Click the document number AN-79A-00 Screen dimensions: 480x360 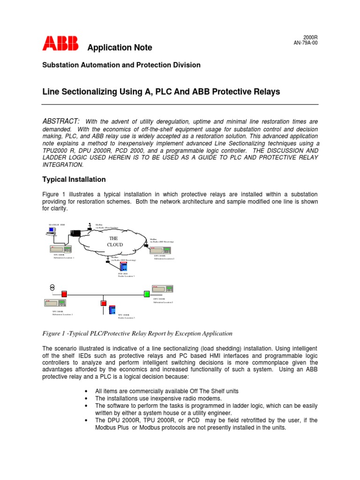(x=305, y=42)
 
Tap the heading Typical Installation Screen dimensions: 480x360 (x=74, y=180)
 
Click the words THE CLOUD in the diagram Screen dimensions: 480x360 (x=115, y=241)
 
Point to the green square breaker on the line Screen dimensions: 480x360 (x=147, y=294)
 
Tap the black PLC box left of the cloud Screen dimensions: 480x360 (x=75, y=233)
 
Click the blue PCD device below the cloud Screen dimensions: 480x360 (x=123, y=266)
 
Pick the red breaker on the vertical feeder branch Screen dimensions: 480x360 (x=104, y=303)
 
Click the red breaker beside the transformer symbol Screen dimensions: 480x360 (x=64, y=294)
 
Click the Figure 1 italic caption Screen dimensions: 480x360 (x=137, y=333)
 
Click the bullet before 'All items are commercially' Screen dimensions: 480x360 (x=86, y=391)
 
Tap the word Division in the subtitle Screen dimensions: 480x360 (x=187, y=65)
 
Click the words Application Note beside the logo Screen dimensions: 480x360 (x=120, y=48)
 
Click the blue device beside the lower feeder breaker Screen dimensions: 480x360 (x=112, y=310)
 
